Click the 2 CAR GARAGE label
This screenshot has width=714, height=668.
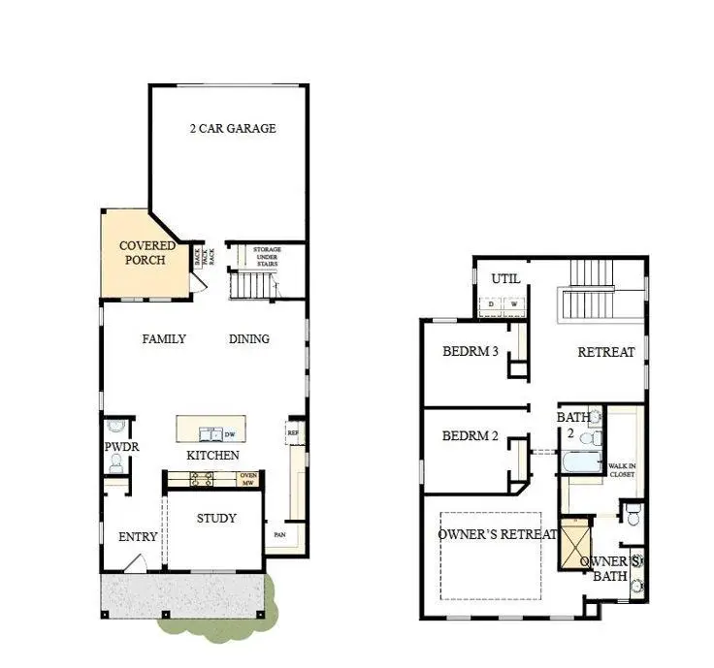[x=232, y=128]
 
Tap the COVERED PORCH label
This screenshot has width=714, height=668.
[x=147, y=254]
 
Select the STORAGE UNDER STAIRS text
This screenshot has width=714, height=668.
[x=267, y=256]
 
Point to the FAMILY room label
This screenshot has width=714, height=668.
[x=164, y=339]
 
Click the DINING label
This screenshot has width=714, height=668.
[x=249, y=339]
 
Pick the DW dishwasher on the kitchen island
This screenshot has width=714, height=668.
[x=230, y=434]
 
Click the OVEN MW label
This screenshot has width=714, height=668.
[x=248, y=478]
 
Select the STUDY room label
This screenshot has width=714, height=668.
[x=216, y=519]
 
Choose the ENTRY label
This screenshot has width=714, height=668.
[x=138, y=537]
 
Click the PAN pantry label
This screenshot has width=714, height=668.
[x=277, y=534]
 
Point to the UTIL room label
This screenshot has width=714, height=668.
[x=505, y=279]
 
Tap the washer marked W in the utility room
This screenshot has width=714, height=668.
[x=515, y=304]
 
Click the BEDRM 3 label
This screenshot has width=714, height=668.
[x=471, y=352]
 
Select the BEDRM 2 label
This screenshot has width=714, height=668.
[x=471, y=436]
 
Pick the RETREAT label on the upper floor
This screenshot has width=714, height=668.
[x=606, y=352]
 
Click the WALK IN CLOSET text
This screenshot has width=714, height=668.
[x=621, y=470]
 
